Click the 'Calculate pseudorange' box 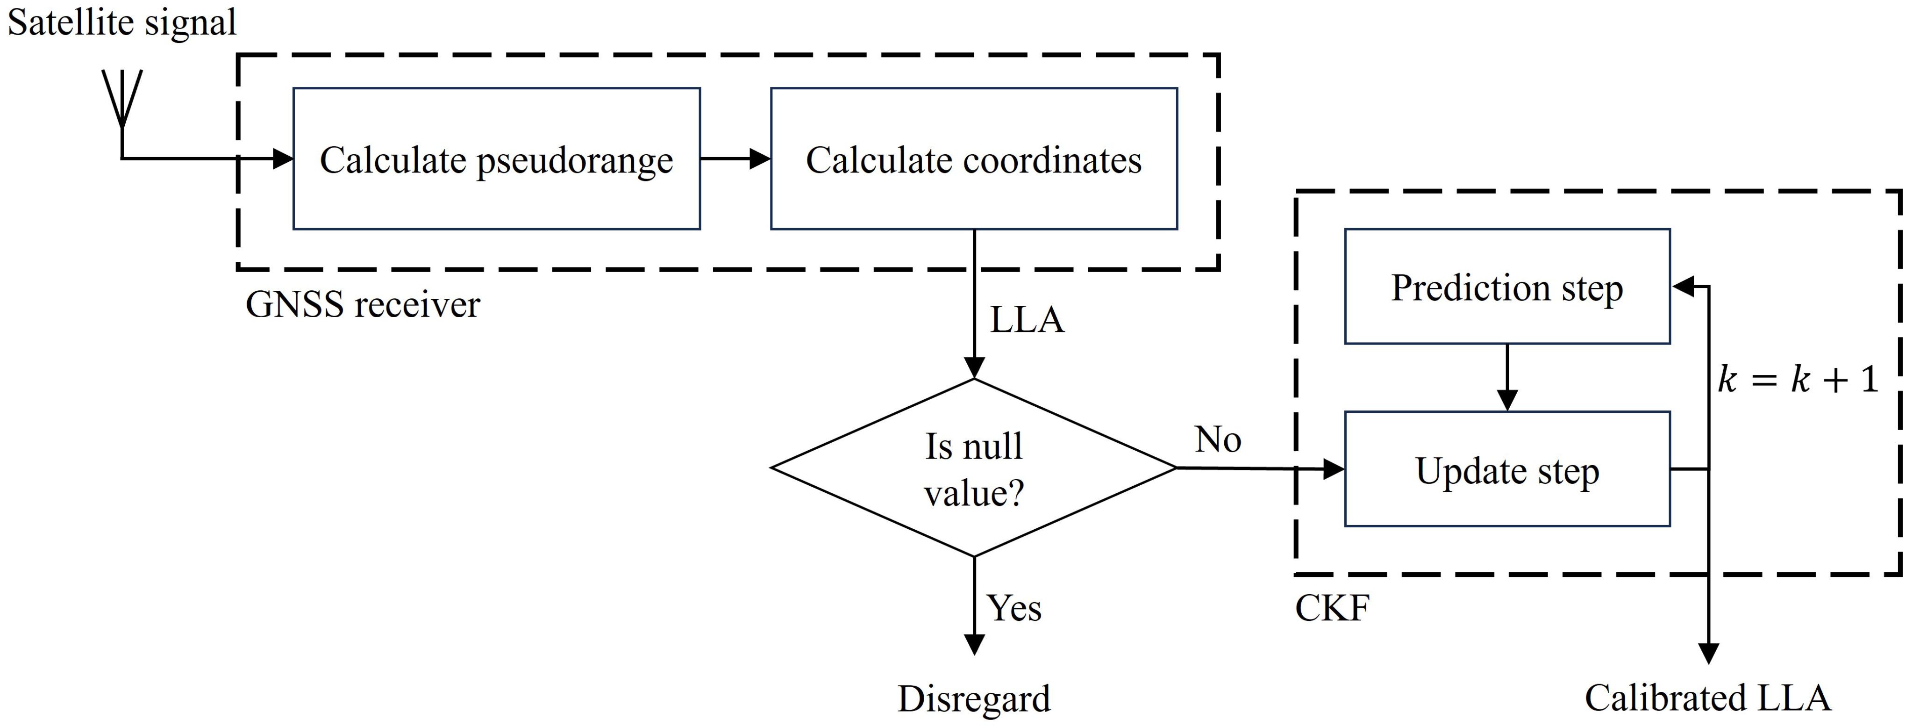[496, 159]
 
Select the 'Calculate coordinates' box [973, 159]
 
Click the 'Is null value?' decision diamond [973, 468]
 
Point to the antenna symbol [121, 101]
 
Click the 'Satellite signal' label [121, 22]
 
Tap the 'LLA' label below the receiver [1026, 320]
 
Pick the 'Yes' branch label [1014, 608]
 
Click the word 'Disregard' [973, 698]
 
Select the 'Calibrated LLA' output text [1707, 698]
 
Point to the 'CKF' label [1331, 608]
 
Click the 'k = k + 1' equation [1796, 380]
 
